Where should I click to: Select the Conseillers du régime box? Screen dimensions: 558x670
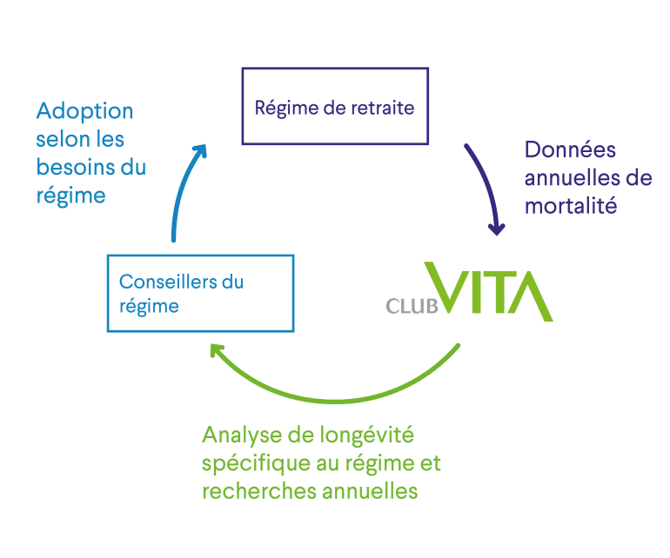tap(199, 293)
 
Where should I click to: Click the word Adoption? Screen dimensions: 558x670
tap(84, 111)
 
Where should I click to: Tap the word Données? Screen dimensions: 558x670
tap(570, 150)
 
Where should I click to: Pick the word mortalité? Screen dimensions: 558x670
tap(571, 207)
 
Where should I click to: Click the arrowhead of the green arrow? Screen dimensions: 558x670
tap(218, 351)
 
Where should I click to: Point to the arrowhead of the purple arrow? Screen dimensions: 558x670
tap(497, 229)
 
